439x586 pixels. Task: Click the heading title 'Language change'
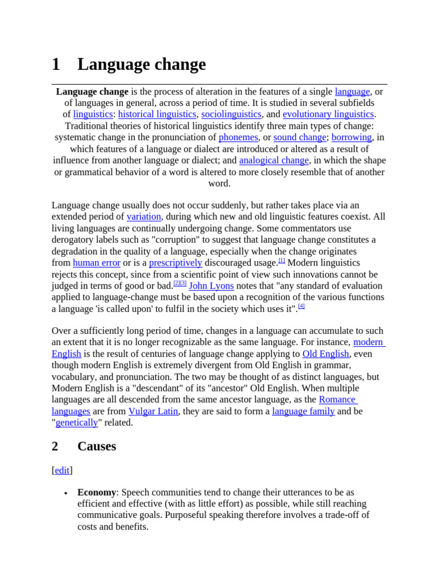(x=141, y=65)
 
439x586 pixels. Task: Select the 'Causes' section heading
(x=97, y=446)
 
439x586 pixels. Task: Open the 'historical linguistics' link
(x=157, y=114)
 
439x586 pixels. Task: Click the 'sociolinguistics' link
(x=231, y=114)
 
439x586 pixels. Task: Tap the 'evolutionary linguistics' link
(x=328, y=114)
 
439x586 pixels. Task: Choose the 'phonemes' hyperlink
(x=238, y=137)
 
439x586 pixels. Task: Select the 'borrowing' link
(x=352, y=137)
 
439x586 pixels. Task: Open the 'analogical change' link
(x=274, y=160)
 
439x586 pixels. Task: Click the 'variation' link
(x=144, y=217)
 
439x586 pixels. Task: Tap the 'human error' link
(x=97, y=263)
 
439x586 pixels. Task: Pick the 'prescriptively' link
(x=175, y=263)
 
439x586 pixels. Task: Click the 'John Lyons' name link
(x=211, y=286)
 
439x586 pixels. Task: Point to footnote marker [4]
(x=302, y=306)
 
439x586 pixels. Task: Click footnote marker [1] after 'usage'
(x=281, y=260)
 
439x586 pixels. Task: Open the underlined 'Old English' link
(x=325, y=354)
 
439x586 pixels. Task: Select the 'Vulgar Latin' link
(x=153, y=411)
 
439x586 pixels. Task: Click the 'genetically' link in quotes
(x=77, y=422)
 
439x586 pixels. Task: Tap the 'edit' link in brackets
(x=62, y=470)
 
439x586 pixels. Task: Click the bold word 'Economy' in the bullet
(x=97, y=492)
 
